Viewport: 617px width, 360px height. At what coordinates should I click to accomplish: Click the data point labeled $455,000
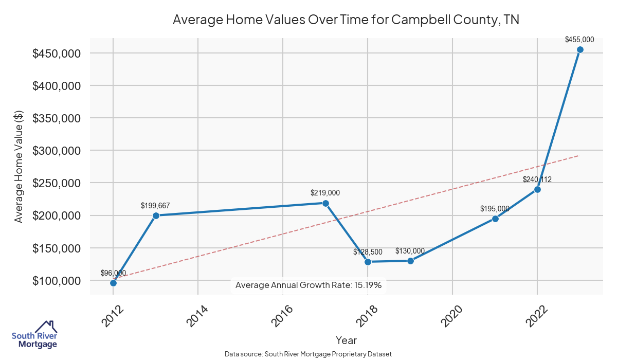(580, 50)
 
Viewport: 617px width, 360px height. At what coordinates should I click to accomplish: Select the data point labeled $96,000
(113, 283)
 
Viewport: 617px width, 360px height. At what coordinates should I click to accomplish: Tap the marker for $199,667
(156, 215)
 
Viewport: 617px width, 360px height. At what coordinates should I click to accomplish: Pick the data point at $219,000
(325, 203)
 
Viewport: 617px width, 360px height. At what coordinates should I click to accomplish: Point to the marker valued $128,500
(368, 262)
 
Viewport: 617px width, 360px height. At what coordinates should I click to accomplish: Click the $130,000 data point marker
(410, 261)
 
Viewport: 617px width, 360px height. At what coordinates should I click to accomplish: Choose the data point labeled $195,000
(495, 219)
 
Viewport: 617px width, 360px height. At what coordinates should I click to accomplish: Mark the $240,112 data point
(537, 189)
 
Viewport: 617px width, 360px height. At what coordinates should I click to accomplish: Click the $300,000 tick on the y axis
(57, 151)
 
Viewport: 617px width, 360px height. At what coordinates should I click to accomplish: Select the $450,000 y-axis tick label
(57, 53)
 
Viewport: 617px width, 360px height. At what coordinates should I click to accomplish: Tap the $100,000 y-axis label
(57, 281)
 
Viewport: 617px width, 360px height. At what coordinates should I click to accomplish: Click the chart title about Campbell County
(346, 20)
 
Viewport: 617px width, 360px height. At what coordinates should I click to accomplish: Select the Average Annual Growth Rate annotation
(308, 285)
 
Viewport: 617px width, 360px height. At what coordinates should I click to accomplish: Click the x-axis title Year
(346, 340)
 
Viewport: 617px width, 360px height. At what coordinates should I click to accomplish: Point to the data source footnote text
(308, 354)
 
